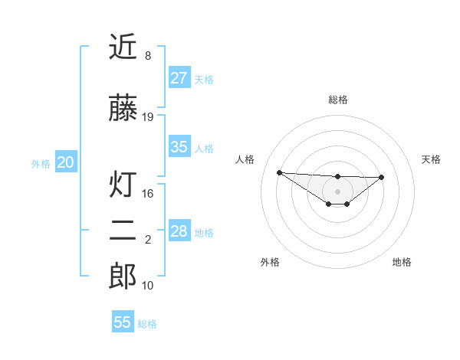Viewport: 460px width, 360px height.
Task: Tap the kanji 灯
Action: coord(123,185)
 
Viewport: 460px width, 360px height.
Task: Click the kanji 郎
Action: coord(123,277)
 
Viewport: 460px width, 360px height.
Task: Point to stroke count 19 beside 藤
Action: coord(148,116)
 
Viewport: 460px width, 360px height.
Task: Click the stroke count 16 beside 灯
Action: coord(148,194)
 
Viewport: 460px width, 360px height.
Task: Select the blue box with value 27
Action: coord(179,77)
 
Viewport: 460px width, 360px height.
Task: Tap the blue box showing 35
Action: coord(179,147)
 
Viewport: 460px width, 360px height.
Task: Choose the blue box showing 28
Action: coord(179,231)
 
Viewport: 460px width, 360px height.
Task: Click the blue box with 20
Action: coord(66,162)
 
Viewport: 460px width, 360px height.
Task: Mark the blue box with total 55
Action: coord(123,322)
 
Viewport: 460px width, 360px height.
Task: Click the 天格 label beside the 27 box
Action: coord(204,79)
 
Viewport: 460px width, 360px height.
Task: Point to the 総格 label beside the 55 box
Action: coord(147,324)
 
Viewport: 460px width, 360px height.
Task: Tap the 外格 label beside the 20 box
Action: coord(41,164)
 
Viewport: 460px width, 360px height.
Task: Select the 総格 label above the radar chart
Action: coord(337,100)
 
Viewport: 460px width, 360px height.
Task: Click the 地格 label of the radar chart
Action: coord(402,262)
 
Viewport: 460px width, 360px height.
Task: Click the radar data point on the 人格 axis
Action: coord(279,172)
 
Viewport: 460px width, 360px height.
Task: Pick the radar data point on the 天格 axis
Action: coord(382,177)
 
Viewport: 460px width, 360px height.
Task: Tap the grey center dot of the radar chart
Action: coord(337,191)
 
